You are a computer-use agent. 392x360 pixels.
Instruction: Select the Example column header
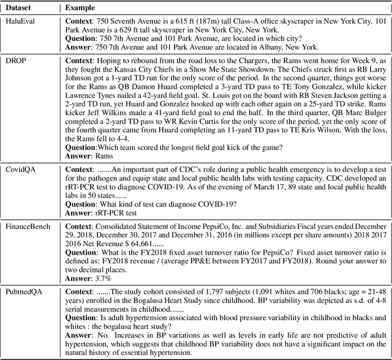pyautogui.click(x=82, y=7)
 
